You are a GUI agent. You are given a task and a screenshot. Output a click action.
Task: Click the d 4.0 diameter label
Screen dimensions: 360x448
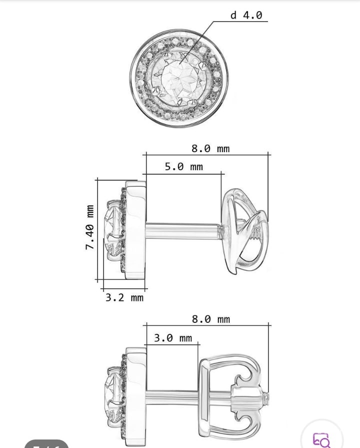coord(246,15)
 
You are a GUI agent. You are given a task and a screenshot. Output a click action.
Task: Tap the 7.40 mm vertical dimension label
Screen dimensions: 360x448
coord(89,227)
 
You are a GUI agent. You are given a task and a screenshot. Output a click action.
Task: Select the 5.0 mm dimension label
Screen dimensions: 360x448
coord(184,167)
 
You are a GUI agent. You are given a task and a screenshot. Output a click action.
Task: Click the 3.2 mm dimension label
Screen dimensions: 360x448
coord(124,298)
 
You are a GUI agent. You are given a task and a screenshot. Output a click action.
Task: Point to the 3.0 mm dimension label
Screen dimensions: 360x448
coord(173,338)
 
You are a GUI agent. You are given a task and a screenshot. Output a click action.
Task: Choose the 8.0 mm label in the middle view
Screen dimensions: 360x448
coord(210,149)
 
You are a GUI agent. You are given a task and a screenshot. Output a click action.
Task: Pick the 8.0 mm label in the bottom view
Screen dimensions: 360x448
coord(211,319)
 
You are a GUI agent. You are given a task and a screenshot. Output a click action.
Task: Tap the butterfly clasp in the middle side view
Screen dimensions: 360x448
coord(245,231)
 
